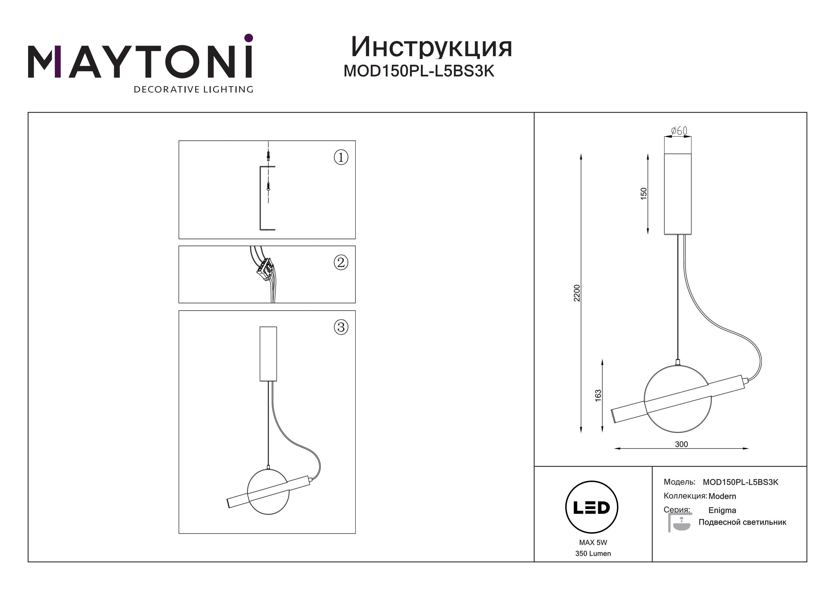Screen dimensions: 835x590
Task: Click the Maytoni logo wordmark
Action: tap(140, 57)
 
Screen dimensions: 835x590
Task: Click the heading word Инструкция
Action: tap(432, 47)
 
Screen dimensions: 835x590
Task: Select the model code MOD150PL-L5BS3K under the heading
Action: tap(419, 71)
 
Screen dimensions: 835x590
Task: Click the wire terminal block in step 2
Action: tap(265, 270)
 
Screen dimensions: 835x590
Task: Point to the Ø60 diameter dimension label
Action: tap(679, 130)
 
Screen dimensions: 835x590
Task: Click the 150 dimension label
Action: tap(644, 193)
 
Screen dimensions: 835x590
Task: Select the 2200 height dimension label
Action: tap(577, 293)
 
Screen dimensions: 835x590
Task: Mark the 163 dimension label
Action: tap(598, 396)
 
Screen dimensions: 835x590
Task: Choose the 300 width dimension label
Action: tap(681, 444)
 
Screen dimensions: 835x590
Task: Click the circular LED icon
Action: tap(592, 507)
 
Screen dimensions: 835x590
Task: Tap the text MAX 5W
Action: tap(593, 542)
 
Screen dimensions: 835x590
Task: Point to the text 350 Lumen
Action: tap(593, 554)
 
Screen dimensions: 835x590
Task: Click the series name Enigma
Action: tap(722, 510)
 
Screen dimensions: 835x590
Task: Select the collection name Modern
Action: tap(722, 496)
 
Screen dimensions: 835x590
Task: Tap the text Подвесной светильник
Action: tap(742, 522)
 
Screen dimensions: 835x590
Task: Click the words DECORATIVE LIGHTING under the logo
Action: tap(193, 89)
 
